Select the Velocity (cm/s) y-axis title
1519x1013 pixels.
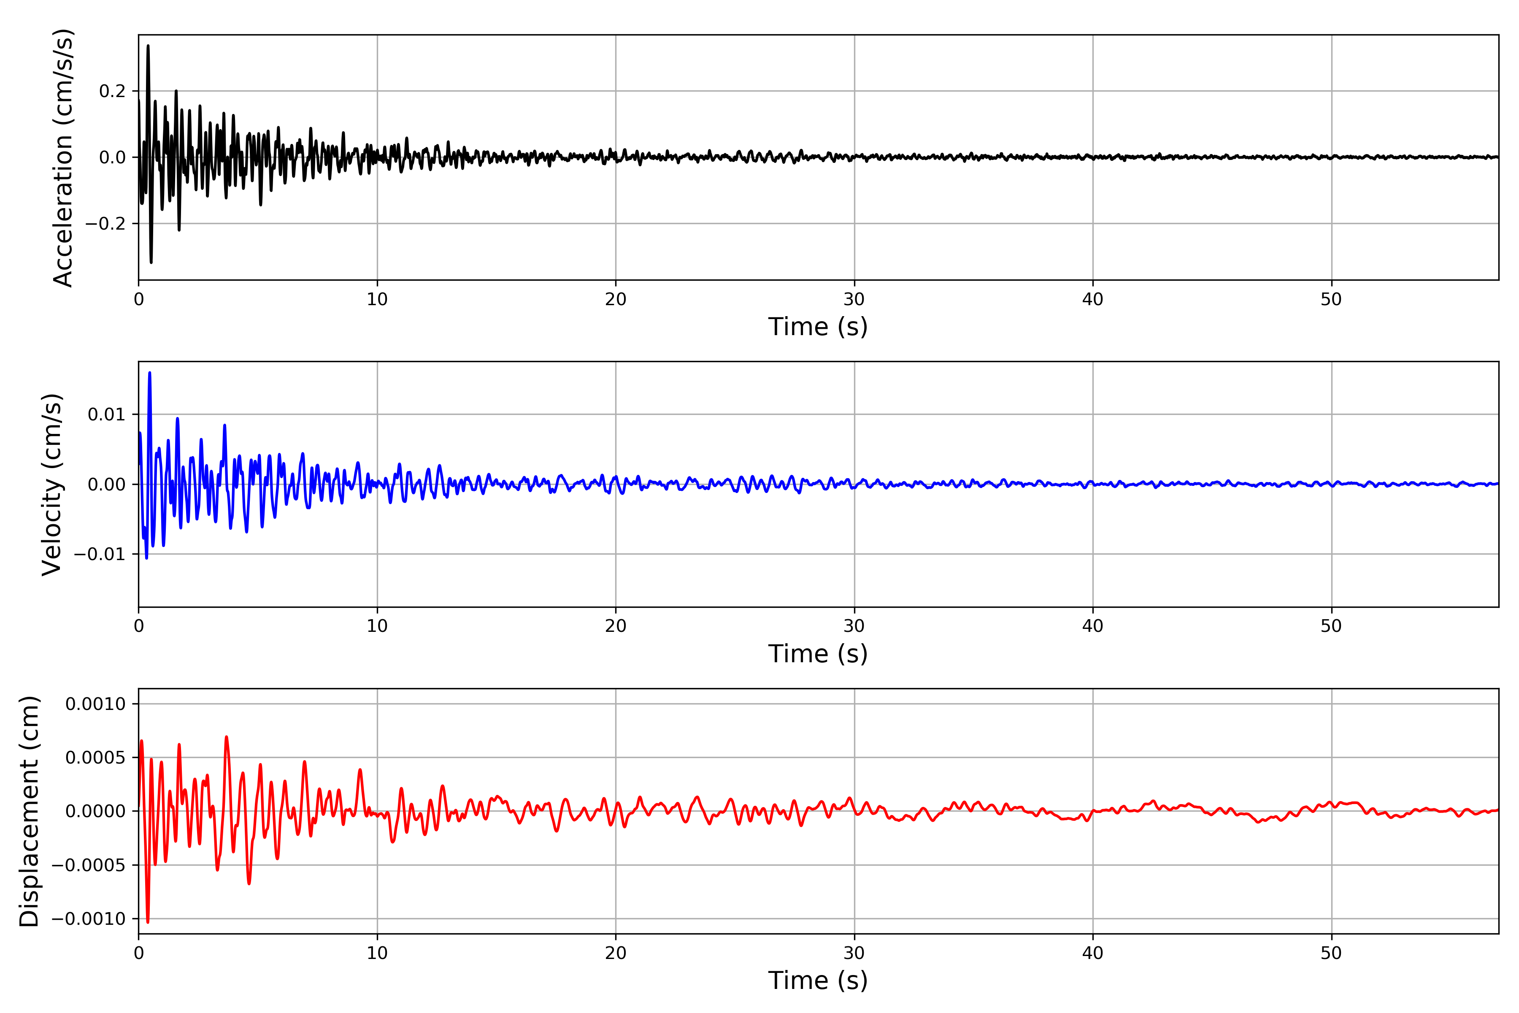pyautogui.click(x=51, y=485)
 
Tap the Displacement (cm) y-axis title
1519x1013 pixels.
pyautogui.click(x=29, y=811)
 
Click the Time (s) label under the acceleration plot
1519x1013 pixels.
pyautogui.click(x=818, y=327)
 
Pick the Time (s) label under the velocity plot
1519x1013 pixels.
pyautogui.click(x=818, y=654)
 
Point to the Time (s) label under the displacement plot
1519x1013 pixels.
pyautogui.click(x=818, y=980)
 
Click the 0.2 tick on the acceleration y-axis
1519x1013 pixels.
pyautogui.click(x=112, y=91)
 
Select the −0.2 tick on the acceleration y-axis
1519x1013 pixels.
pyautogui.click(x=105, y=224)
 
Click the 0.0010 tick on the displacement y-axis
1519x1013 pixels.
pyautogui.click(x=96, y=704)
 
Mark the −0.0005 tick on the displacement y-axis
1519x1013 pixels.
pyautogui.click(x=89, y=865)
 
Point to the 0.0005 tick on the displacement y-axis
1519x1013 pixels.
pyautogui.click(x=96, y=758)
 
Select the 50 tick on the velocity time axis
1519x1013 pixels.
pyautogui.click(x=1331, y=626)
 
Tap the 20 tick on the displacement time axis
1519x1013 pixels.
pyautogui.click(x=616, y=953)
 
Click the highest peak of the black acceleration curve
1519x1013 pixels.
pyautogui.click(x=148, y=46)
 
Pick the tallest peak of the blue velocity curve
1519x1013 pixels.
pyautogui.click(x=150, y=373)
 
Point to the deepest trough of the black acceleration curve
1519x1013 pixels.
pyautogui.click(x=151, y=262)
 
